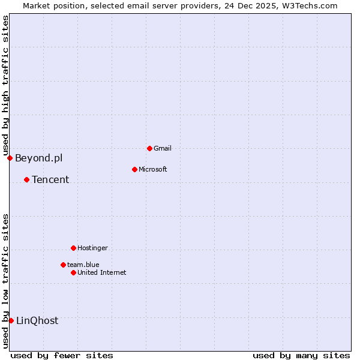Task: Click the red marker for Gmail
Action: [149, 148]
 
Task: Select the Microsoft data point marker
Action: [134, 169]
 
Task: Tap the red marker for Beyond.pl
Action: [10, 158]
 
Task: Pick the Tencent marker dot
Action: [26, 179]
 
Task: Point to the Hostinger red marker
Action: [73, 248]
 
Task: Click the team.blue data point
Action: [63, 265]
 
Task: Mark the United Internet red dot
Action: [73, 272]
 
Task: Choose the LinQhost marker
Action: [11, 320]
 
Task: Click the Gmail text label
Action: [163, 148]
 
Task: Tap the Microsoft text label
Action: [152, 169]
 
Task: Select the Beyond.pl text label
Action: [38, 158]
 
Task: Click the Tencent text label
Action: [50, 179]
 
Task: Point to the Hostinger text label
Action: [92, 248]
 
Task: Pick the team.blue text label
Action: [83, 265]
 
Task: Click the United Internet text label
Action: [101, 272]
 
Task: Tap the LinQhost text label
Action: [37, 320]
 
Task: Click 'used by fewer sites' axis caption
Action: [62, 355]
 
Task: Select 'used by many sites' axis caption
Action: [301, 355]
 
